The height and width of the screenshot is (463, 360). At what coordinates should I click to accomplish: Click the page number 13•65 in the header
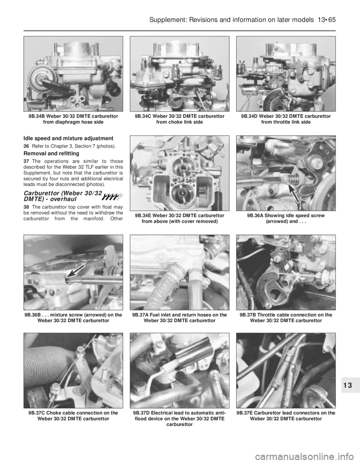coord(326,20)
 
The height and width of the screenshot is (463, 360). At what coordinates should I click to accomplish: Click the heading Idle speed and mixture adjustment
coord(68,138)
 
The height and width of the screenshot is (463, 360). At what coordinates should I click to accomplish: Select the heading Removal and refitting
coord(51,153)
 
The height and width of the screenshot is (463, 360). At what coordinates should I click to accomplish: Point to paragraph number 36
coord(26,146)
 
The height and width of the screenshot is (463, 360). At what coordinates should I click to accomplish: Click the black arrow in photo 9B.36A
coord(295,192)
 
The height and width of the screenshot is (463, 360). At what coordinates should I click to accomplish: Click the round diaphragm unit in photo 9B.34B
coord(39,78)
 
